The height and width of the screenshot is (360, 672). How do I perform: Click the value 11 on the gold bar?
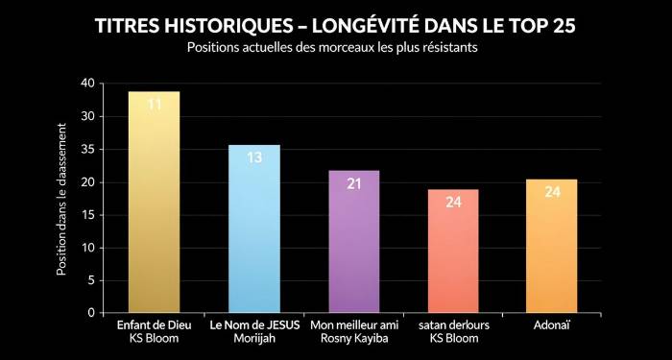pyautogui.click(x=154, y=104)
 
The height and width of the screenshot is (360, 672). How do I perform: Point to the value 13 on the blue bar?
pyautogui.click(x=253, y=156)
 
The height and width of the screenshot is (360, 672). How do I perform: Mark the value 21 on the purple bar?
pyautogui.click(x=353, y=182)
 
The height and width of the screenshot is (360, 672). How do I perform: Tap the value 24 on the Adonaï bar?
pyautogui.click(x=552, y=192)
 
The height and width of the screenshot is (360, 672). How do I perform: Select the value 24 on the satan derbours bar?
pyautogui.click(x=453, y=202)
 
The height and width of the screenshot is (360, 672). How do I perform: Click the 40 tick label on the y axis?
pyautogui.click(x=87, y=84)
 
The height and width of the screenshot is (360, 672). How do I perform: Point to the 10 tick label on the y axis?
pyautogui.click(x=87, y=248)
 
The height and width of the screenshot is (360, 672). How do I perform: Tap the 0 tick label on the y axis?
pyautogui.click(x=90, y=313)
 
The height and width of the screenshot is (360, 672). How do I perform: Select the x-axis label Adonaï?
pyautogui.click(x=552, y=327)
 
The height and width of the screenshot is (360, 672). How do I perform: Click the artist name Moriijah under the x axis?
pyautogui.click(x=253, y=341)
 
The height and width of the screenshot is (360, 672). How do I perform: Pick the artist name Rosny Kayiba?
pyautogui.click(x=353, y=341)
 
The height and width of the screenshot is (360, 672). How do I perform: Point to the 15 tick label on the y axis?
pyautogui.click(x=87, y=215)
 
